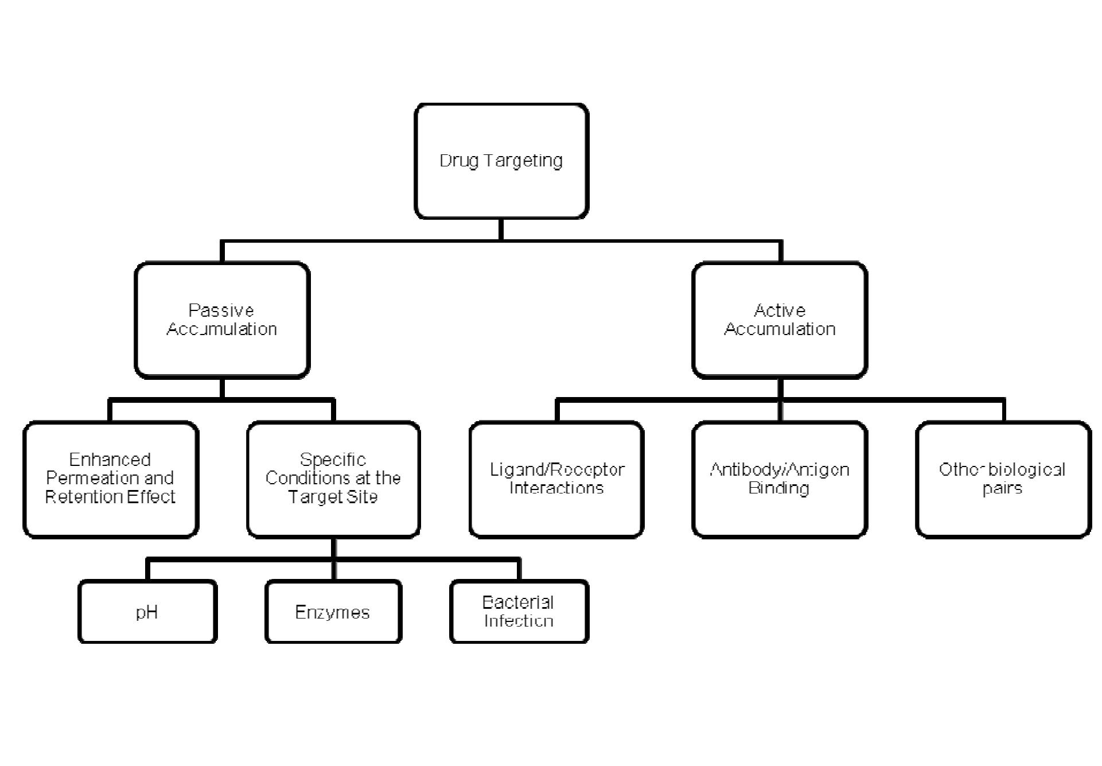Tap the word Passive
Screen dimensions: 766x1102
coord(221,310)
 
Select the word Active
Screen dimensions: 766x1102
coord(779,310)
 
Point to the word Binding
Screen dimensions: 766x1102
coord(778,488)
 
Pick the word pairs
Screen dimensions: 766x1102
coord(1002,489)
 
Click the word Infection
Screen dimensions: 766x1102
coord(519,621)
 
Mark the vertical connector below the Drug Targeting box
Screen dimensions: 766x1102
coord(501,230)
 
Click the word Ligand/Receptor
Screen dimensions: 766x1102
coord(556,470)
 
